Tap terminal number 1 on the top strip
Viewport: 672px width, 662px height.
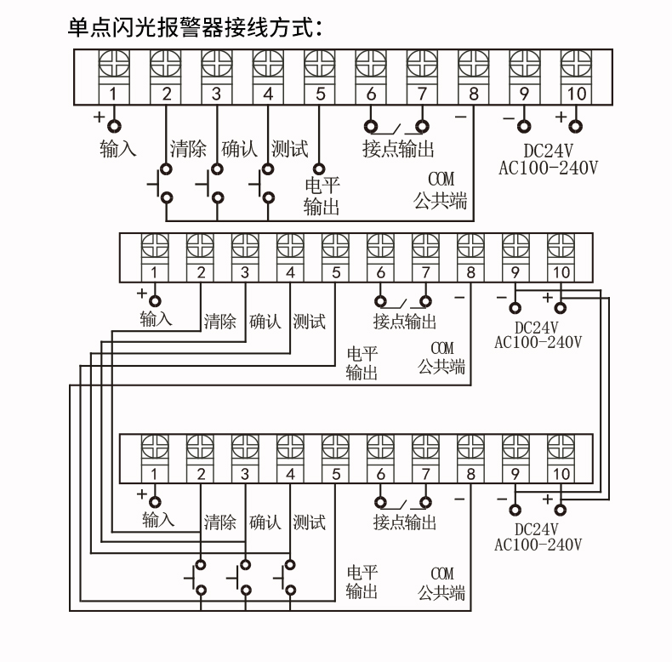tap(114, 94)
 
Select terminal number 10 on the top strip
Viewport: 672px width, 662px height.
tap(576, 94)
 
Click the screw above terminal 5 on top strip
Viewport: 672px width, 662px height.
tap(319, 65)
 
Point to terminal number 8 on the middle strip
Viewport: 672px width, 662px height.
tap(470, 271)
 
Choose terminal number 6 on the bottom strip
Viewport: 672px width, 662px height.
tap(380, 474)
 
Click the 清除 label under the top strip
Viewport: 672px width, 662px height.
tap(188, 149)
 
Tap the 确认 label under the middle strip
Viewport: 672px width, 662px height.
tap(265, 321)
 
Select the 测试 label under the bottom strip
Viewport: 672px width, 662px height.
tap(309, 522)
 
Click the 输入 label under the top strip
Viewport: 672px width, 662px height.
tap(118, 149)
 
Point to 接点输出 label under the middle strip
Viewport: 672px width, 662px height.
tap(405, 321)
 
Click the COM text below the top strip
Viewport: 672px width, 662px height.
tap(441, 179)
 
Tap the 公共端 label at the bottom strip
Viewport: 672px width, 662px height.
tap(441, 592)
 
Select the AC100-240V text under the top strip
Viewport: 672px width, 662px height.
tap(548, 168)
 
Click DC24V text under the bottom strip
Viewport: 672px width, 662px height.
tap(537, 529)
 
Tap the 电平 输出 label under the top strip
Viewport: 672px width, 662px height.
tap(322, 196)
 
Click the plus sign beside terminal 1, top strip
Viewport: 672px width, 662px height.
tap(99, 117)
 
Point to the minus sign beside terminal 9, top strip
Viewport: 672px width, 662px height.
tap(509, 118)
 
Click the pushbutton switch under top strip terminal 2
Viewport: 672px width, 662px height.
tap(161, 184)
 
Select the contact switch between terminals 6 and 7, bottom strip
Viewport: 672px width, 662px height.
tap(403, 503)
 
